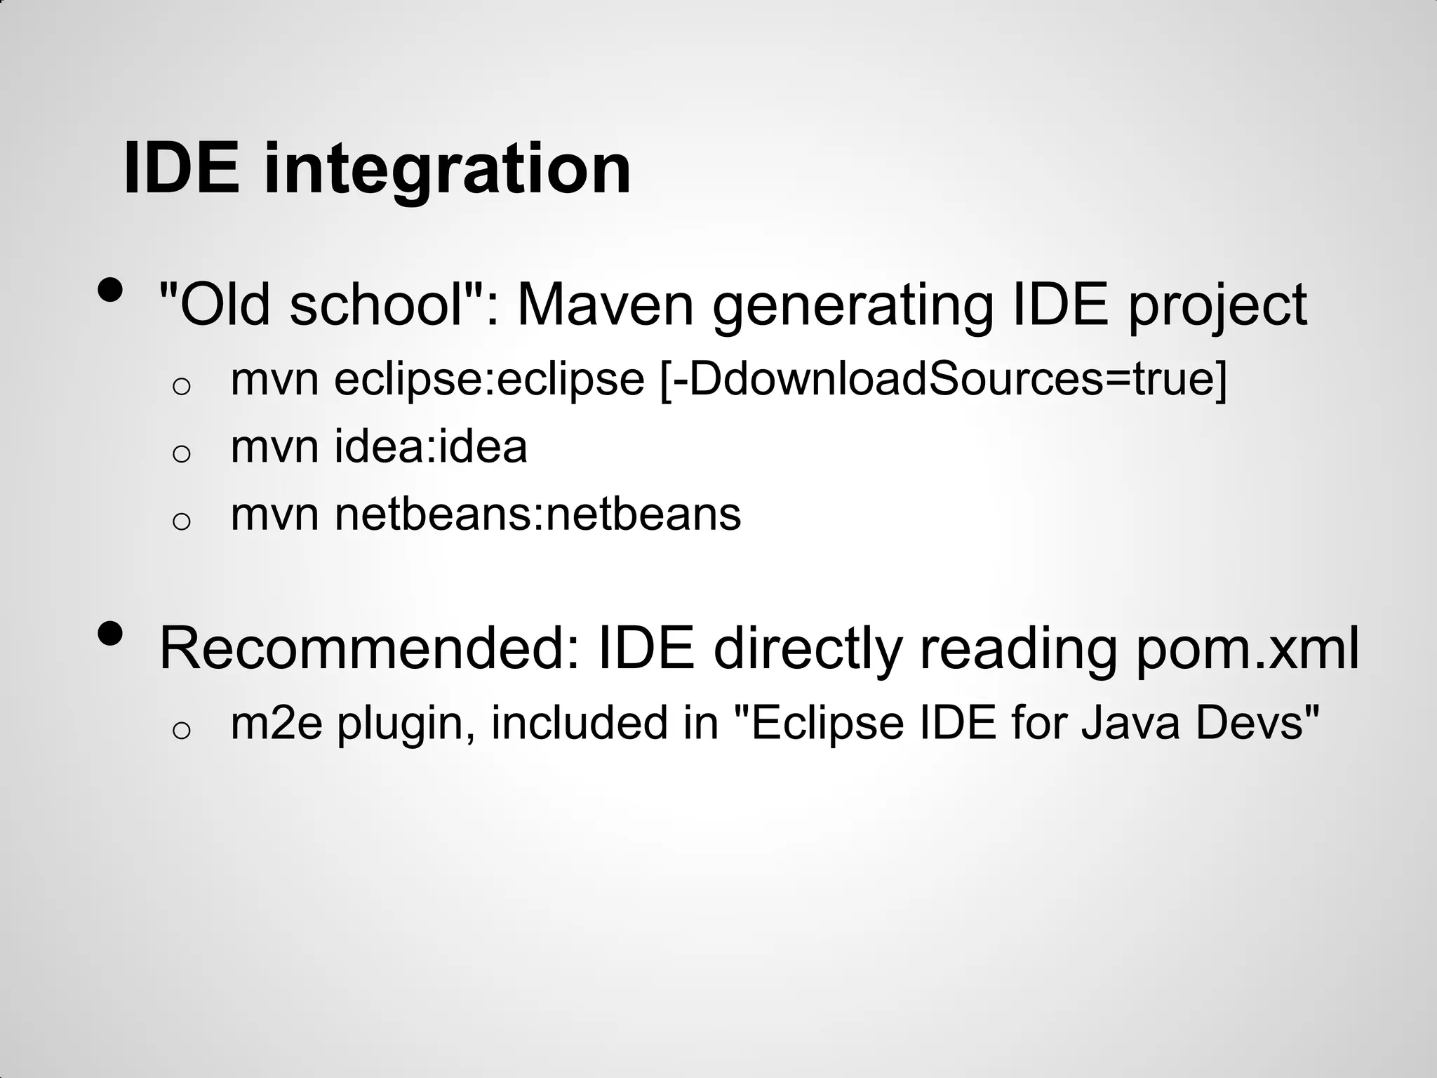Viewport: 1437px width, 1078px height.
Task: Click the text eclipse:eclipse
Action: click(x=489, y=380)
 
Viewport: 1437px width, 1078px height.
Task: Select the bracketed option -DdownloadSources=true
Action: click(x=944, y=380)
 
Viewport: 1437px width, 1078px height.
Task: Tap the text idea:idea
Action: click(x=430, y=447)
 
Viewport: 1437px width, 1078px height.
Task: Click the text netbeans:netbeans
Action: click(x=537, y=514)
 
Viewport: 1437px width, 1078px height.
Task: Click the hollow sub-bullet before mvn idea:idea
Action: click(x=181, y=453)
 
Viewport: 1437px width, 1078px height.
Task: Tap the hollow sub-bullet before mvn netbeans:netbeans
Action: click(x=181, y=521)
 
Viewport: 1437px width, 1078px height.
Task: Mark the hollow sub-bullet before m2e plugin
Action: click(x=181, y=731)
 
